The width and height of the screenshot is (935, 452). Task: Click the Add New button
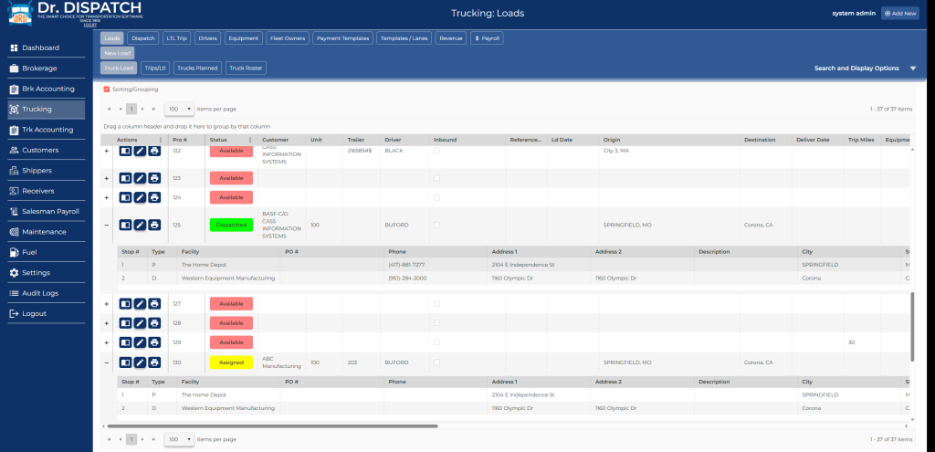click(x=900, y=14)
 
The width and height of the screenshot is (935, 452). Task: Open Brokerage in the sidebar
click(x=39, y=68)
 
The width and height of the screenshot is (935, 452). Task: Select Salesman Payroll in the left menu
click(x=50, y=211)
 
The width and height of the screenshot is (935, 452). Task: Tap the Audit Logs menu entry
click(x=40, y=293)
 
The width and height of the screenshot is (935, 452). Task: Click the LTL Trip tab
click(x=176, y=38)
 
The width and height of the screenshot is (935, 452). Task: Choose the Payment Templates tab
click(x=341, y=38)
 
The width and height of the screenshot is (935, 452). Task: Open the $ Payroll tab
click(x=487, y=38)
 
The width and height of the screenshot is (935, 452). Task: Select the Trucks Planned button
click(x=197, y=68)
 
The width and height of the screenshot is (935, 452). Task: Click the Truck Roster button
click(x=247, y=68)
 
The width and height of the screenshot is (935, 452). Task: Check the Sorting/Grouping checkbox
click(x=107, y=89)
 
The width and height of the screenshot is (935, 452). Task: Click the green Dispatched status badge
click(x=231, y=225)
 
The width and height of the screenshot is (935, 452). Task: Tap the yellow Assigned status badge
click(x=231, y=363)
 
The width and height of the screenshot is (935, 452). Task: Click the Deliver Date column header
click(x=812, y=140)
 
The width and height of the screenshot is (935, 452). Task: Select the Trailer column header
click(x=356, y=140)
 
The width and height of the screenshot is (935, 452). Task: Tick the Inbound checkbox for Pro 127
click(x=437, y=303)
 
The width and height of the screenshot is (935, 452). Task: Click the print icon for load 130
click(x=154, y=363)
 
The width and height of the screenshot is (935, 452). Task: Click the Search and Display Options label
click(x=856, y=68)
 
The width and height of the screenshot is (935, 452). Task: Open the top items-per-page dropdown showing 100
click(x=179, y=109)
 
